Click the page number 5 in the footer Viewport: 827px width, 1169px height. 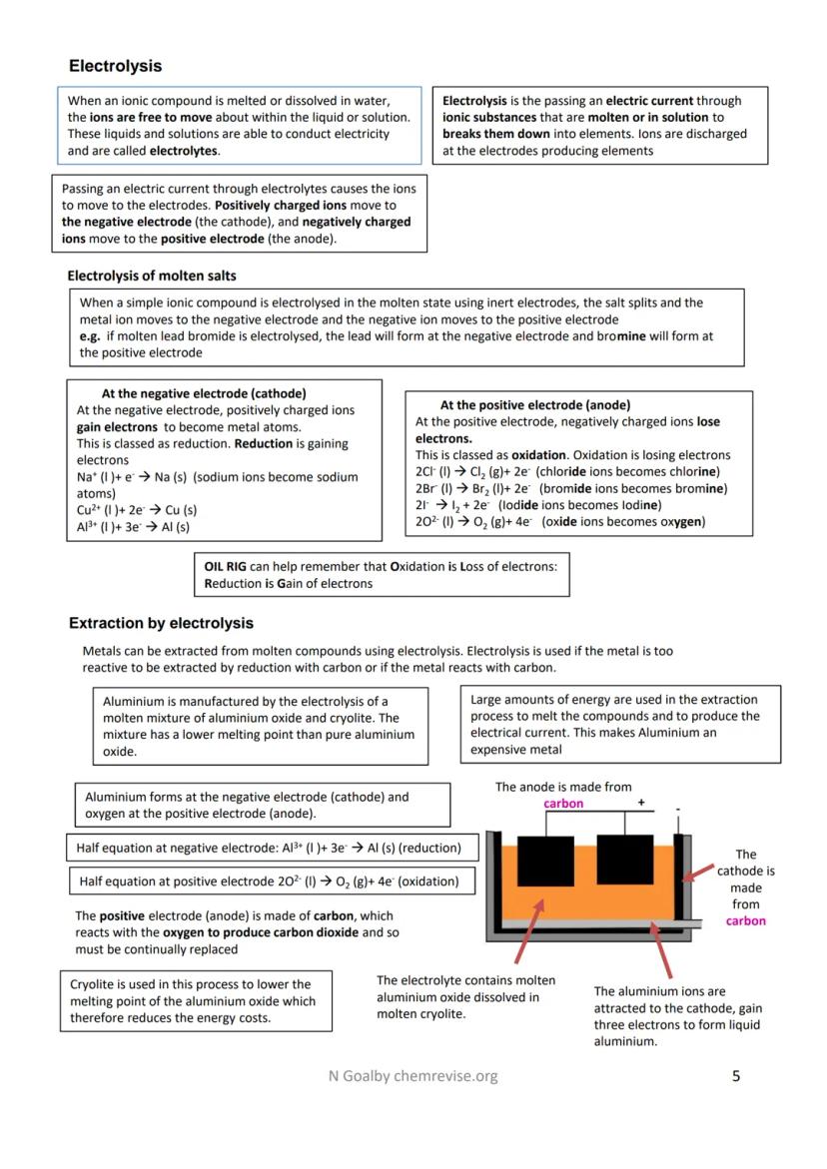pyautogui.click(x=736, y=1075)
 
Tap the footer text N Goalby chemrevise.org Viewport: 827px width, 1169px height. pyautogui.click(x=413, y=1075)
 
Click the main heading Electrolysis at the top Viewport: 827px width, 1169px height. pyautogui.click(x=115, y=66)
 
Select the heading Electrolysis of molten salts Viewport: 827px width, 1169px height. pyautogui.click(x=152, y=276)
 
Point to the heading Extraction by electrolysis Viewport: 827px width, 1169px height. pyautogui.click(x=161, y=624)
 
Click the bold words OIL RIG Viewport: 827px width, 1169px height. pyautogui.click(x=225, y=566)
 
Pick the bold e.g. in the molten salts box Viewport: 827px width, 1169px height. pyautogui.click(x=90, y=336)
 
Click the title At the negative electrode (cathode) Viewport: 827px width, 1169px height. pyautogui.click(x=204, y=393)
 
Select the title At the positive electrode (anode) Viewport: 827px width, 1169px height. pyautogui.click(x=534, y=405)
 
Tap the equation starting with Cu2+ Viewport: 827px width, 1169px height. pyautogui.click(x=137, y=510)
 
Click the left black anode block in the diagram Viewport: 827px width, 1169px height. pyautogui.click(x=545, y=861)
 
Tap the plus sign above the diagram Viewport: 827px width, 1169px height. pyautogui.click(x=641, y=802)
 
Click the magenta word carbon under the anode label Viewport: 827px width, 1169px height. pyautogui.click(x=563, y=804)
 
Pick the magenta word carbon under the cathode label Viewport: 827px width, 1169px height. pyautogui.click(x=745, y=921)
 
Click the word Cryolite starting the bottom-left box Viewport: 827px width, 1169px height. pyautogui.click(x=93, y=983)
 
